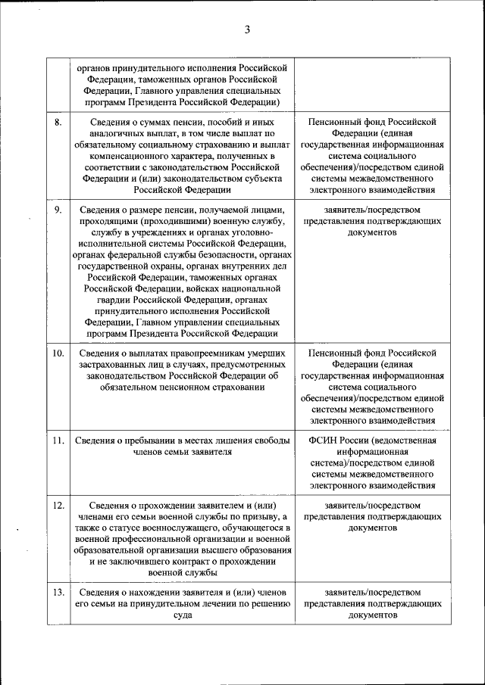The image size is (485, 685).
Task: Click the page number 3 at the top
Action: point(247,30)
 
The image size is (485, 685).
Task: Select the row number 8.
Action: point(58,121)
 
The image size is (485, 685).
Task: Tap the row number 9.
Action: point(58,210)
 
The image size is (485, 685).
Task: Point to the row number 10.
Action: point(58,353)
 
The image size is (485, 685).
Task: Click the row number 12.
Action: point(58,505)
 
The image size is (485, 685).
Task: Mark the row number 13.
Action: point(58,592)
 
